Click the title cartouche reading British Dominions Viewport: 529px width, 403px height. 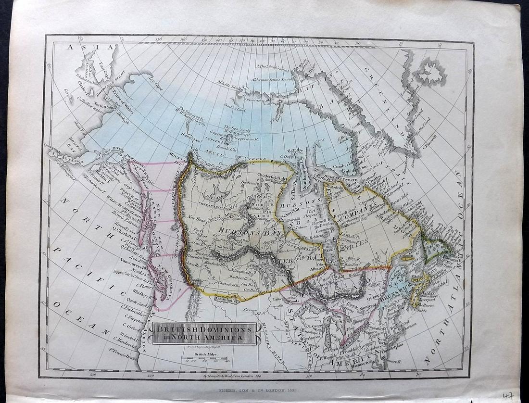point(204,333)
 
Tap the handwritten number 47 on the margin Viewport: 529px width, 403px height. point(507,395)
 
